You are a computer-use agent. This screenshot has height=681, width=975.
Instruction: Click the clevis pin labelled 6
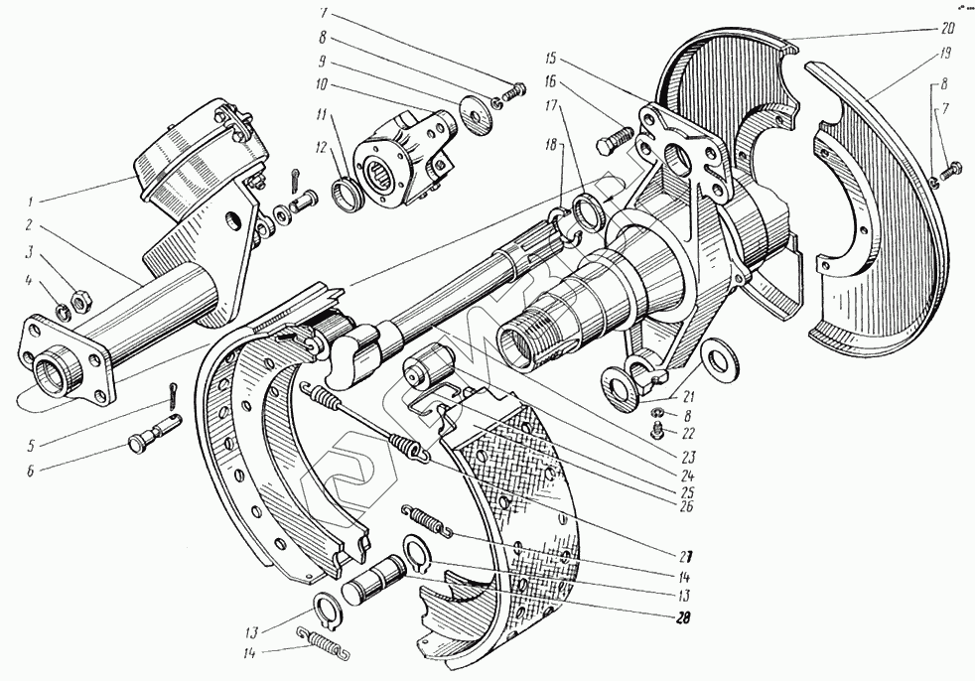tap(149, 432)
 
